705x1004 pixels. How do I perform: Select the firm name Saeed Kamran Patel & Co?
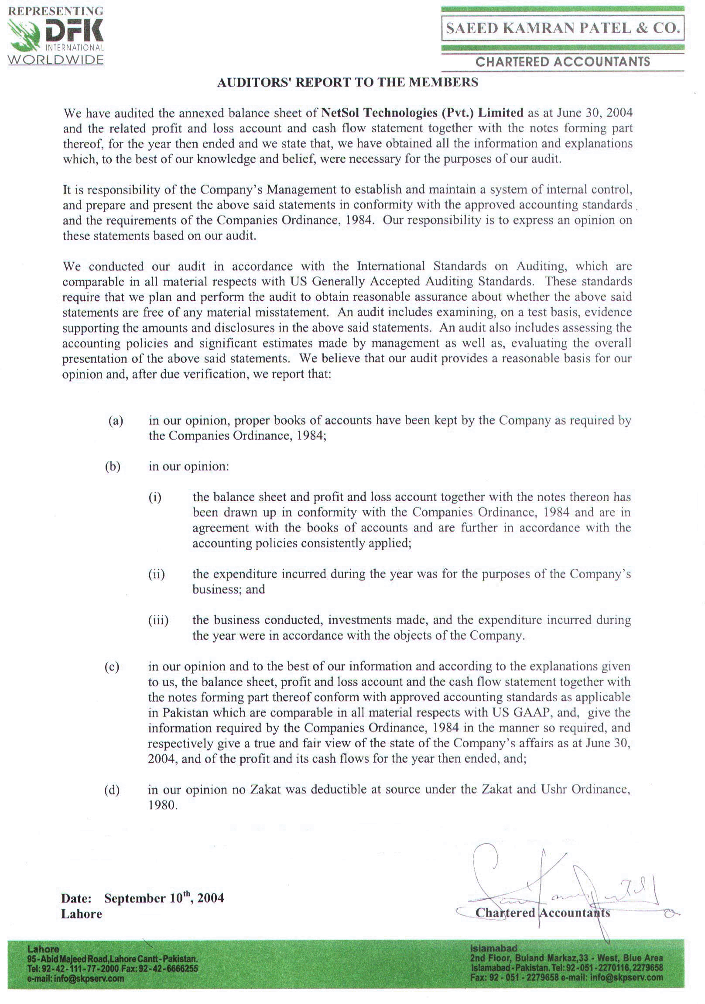pos(562,28)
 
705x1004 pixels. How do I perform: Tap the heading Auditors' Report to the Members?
pos(347,82)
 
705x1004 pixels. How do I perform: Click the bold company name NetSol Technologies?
pos(422,113)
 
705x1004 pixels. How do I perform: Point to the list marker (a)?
pos(116,421)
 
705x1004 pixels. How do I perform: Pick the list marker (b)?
pos(113,467)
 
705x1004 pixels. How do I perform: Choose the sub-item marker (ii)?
pos(157,574)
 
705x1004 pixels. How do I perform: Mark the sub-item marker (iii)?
pos(158,620)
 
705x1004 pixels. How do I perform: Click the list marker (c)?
pos(112,667)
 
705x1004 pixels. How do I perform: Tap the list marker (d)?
pos(112,790)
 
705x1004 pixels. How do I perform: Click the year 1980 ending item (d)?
pos(163,805)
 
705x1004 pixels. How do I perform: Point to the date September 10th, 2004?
pos(164,898)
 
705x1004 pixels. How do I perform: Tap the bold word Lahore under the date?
pos(81,914)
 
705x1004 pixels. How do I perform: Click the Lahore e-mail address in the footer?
pos(75,979)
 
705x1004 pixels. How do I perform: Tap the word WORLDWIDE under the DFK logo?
pos(55,60)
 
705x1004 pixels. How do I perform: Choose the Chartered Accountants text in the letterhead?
pos(562,62)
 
